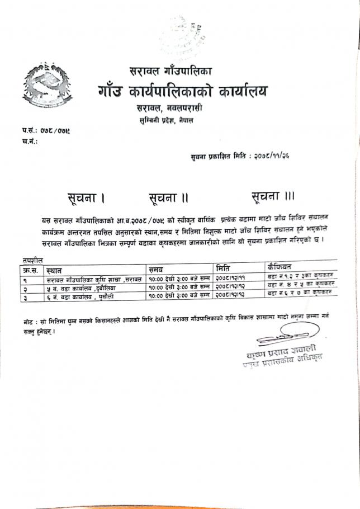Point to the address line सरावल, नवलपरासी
tap(169, 107)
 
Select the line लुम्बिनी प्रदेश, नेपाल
tap(167, 120)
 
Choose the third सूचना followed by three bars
tap(273, 197)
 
